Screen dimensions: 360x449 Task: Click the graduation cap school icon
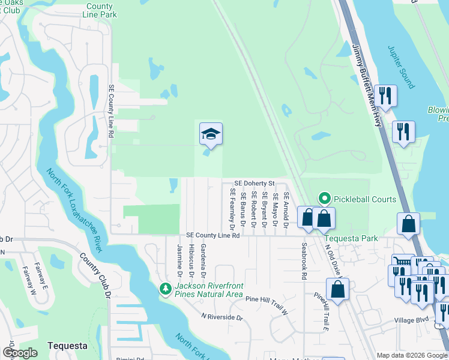tap(211, 133)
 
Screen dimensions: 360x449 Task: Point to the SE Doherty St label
tap(254, 183)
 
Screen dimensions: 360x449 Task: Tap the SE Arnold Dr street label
tap(286, 210)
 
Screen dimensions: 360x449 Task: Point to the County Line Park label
tap(100, 10)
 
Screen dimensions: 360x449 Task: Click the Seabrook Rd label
tap(304, 262)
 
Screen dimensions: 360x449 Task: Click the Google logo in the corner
tap(20, 353)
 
